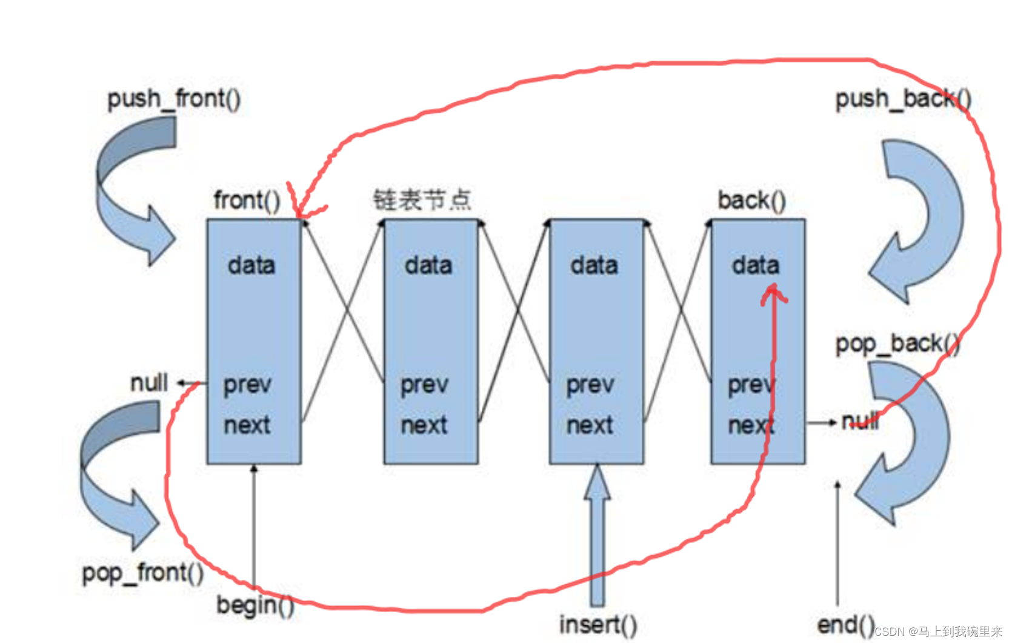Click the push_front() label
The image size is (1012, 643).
pos(174,99)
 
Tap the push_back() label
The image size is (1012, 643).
pos(903,99)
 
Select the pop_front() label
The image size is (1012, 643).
pos(143,573)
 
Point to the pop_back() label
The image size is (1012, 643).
pos(897,344)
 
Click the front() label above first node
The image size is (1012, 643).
pos(247,200)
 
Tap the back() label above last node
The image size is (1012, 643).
pos(751,200)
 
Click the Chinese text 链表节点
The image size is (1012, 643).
pos(422,199)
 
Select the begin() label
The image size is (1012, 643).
pos(255,605)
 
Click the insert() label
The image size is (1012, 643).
pos(598,625)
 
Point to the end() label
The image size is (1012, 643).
pos(846,625)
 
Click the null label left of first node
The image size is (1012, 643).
pos(149,383)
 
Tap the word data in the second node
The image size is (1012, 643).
pos(428,265)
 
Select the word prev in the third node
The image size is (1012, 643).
pos(590,384)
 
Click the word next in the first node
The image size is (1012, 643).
pos(247,425)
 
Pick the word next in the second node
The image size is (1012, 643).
pos(424,425)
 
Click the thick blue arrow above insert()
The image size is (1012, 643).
pos(598,533)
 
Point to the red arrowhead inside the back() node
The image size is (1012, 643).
pos(774,294)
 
